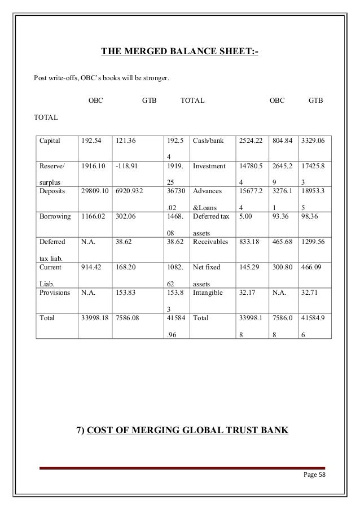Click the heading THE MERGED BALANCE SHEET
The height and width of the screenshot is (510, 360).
click(x=179, y=54)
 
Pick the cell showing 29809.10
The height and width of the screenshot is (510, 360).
click(x=95, y=191)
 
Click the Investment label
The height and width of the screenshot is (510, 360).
click(x=209, y=167)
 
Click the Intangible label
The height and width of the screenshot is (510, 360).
click(x=208, y=293)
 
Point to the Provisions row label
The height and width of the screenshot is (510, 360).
click(x=54, y=293)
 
